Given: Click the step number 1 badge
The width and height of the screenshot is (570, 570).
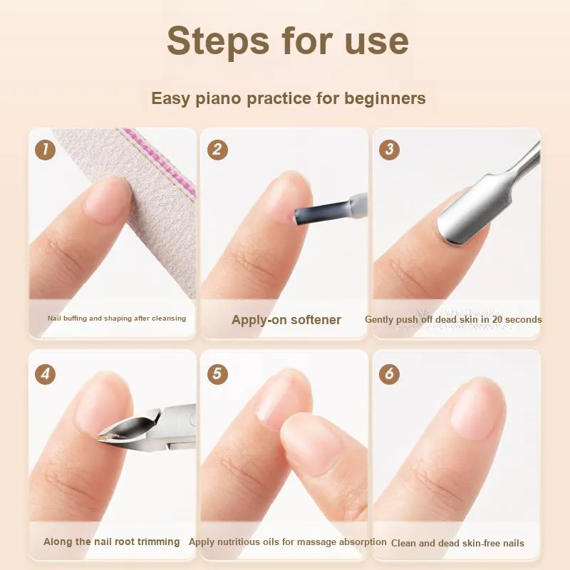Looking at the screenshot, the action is tap(45, 150).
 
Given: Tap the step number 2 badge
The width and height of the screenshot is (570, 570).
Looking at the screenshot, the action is tap(217, 150).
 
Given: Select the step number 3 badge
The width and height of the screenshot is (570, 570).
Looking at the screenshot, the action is tap(389, 150).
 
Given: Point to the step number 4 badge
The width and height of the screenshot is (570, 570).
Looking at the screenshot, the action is tap(45, 373).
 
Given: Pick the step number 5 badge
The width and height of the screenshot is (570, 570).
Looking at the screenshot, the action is tap(217, 373).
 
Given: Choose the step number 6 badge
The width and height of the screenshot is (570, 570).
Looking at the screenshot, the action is tap(389, 373).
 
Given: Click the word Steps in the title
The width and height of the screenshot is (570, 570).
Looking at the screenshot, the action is tap(218, 41).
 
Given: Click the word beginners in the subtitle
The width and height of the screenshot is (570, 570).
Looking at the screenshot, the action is tap(385, 98).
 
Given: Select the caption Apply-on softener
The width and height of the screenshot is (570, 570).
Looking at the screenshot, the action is tap(286, 320).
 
